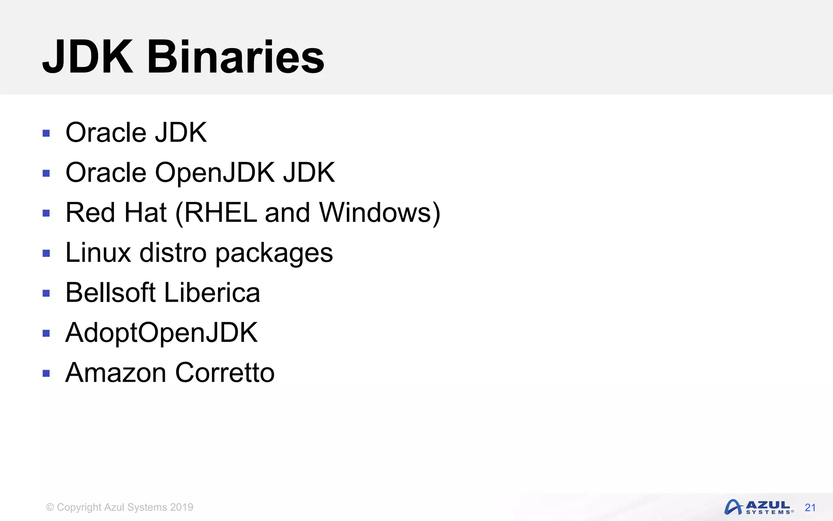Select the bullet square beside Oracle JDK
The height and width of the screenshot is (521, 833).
tap(46, 133)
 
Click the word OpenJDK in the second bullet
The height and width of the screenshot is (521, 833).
tap(215, 172)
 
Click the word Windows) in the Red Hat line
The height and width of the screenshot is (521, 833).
tap(379, 212)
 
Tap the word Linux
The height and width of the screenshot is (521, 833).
tap(98, 252)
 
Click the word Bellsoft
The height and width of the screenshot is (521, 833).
tap(111, 292)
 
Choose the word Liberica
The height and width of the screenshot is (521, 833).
tap(212, 292)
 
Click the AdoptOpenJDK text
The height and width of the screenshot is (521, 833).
tap(161, 333)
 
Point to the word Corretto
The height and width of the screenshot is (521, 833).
tap(225, 372)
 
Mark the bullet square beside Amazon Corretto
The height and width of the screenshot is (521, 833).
tap(46, 373)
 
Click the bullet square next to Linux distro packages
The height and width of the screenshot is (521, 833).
tap(46, 253)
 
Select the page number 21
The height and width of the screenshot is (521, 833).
tap(810, 508)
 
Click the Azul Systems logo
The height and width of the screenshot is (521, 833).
tap(758, 507)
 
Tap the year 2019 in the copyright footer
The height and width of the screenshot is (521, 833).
tap(181, 507)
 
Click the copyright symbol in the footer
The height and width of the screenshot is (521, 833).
tap(50, 507)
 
